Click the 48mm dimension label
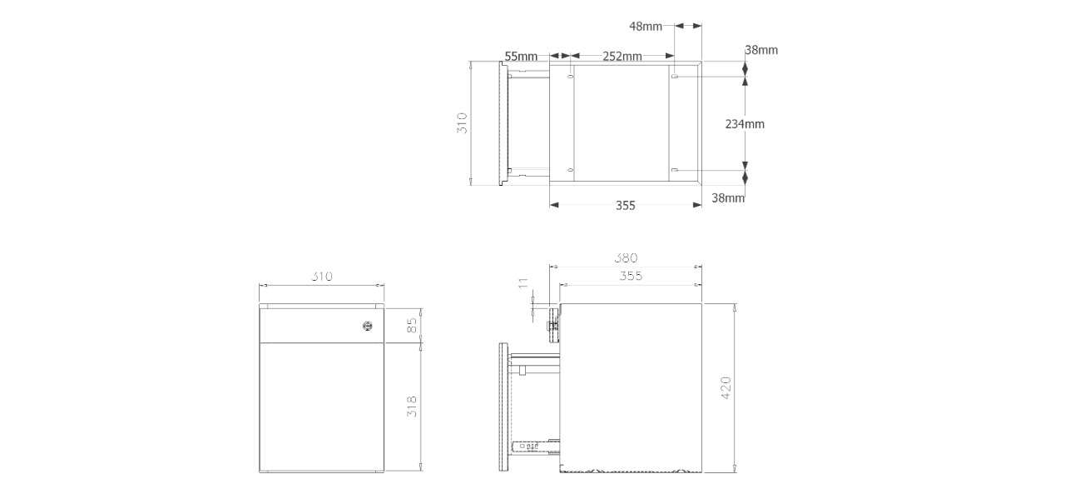click(x=645, y=26)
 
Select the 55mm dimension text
click(x=521, y=57)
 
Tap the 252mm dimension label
click(x=622, y=57)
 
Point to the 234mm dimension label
click(x=745, y=124)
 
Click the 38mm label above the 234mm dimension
click(x=761, y=50)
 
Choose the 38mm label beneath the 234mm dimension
click(x=728, y=198)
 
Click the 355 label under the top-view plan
click(x=626, y=206)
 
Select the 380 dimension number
click(x=625, y=258)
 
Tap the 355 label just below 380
click(x=631, y=276)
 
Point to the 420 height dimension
click(x=726, y=387)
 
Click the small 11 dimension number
click(x=523, y=286)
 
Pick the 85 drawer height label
click(x=411, y=326)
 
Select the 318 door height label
click(x=411, y=407)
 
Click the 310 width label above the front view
click(x=322, y=277)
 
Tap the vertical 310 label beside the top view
click(x=463, y=123)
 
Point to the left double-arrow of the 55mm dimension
click(x=556, y=57)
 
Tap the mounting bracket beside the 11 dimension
click(x=552, y=321)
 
